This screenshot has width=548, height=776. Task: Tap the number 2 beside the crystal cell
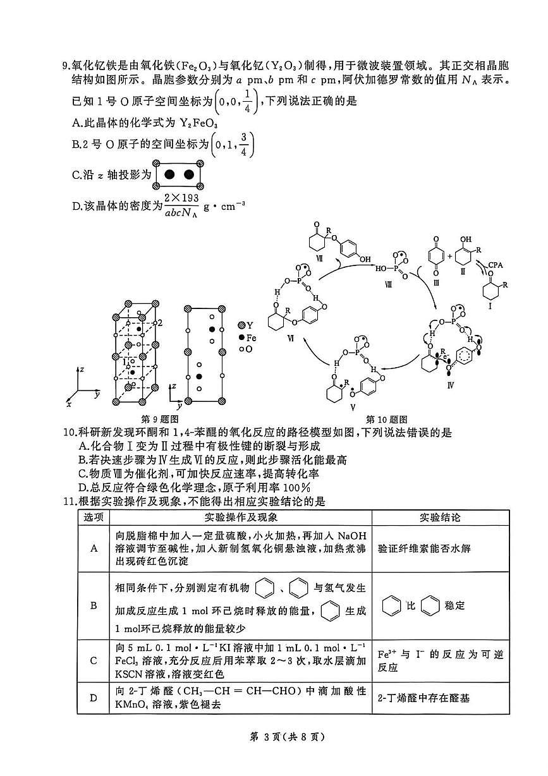[161, 323]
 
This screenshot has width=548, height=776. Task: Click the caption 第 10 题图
[386, 419]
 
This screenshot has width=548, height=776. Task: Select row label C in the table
[94, 660]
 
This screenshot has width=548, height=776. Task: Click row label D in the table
[94, 698]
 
